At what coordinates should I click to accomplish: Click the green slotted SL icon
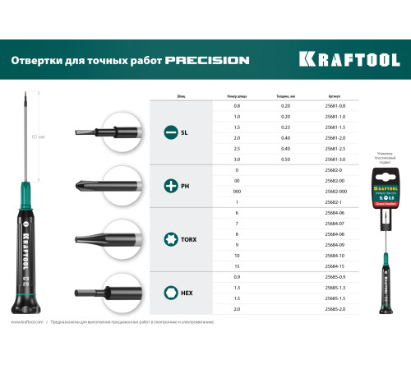[x=171, y=132]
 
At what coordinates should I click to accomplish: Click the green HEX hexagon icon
[x=171, y=291]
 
